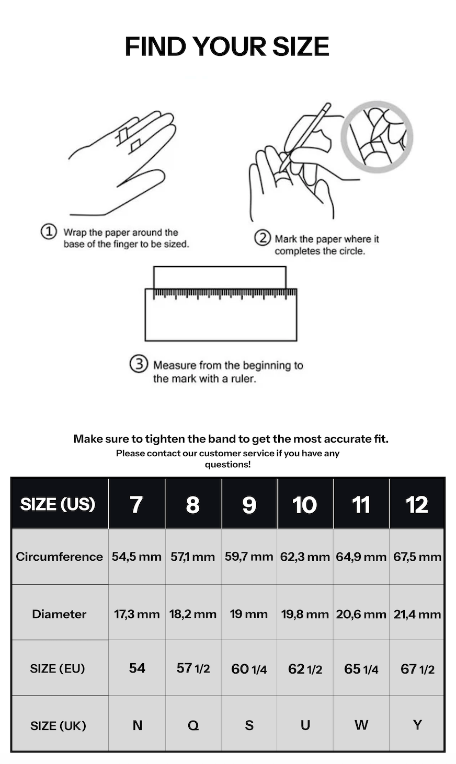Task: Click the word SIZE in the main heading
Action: pyautogui.click(x=300, y=47)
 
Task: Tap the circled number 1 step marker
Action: pyautogui.click(x=49, y=231)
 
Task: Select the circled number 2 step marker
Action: pyautogui.click(x=263, y=238)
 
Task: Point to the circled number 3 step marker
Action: pyautogui.click(x=139, y=364)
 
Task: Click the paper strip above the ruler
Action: pyautogui.click(x=220, y=277)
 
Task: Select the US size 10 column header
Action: pyautogui.click(x=305, y=504)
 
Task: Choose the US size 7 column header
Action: pyautogui.click(x=137, y=504)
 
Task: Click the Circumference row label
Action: pyautogui.click(x=60, y=557)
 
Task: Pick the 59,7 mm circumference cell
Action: pyautogui.click(x=249, y=557)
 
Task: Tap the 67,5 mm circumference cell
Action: pyautogui.click(x=417, y=557)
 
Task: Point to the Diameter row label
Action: pyautogui.click(x=60, y=614)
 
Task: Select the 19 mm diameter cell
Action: pyautogui.click(x=249, y=614)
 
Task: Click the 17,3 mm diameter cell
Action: pyautogui.click(x=137, y=614)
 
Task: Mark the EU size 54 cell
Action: pyautogui.click(x=137, y=668)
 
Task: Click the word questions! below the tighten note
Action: pyautogui.click(x=227, y=464)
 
